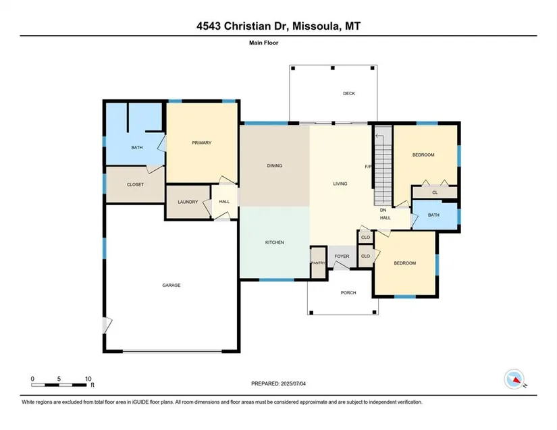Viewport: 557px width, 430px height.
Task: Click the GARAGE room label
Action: tap(171, 285)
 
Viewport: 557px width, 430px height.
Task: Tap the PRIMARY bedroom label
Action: tap(201, 142)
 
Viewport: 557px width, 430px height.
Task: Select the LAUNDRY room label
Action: tap(188, 202)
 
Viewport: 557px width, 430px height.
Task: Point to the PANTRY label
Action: tap(318, 263)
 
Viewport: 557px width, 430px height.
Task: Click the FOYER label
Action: tap(342, 257)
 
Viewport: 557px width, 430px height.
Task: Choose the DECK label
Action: tap(349, 93)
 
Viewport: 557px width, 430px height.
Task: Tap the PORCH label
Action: tap(348, 292)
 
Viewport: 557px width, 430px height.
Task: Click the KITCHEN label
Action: tap(275, 242)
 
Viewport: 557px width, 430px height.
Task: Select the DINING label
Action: tap(275, 165)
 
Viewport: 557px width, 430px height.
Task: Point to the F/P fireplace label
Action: tap(368, 167)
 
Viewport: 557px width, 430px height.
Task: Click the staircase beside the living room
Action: tap(383, 165)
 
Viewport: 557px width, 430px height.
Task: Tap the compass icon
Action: tap(514, 379)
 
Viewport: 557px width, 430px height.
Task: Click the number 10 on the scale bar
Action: tap(88, 379)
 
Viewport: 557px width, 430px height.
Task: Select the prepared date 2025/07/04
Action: tap(293, 383)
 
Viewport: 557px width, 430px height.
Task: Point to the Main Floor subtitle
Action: tap(263, 43)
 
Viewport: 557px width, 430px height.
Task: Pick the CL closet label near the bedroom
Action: tap(435, 192)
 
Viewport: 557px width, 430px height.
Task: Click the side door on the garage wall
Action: tap(107, 325)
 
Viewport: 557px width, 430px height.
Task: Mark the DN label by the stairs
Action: tap(383, 210)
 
